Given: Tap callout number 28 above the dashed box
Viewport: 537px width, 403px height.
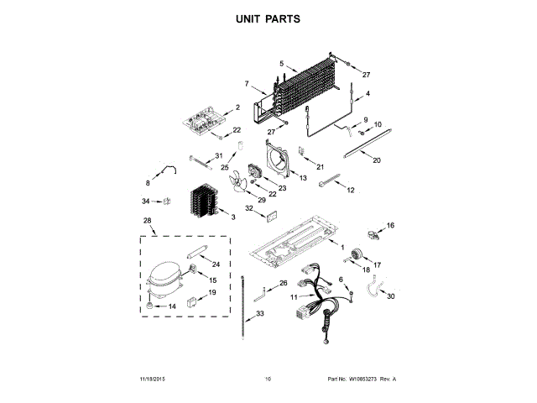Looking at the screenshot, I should tap(149, 221).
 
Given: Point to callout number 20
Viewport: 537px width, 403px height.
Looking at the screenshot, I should tap(377, 160).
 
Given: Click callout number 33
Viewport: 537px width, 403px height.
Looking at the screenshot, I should tap(260, 313).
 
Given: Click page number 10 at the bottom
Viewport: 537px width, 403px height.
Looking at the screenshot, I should tap(268, 379).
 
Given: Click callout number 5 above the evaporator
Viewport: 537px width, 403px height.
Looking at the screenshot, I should tap(282, 64).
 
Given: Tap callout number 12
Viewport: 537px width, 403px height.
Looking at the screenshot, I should tap(351, 191).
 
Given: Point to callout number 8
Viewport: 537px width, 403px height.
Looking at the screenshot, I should tap(149, 182).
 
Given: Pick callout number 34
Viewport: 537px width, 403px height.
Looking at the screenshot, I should tap(145, 201).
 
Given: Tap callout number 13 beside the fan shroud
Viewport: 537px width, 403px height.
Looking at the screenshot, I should tap(303, 179).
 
